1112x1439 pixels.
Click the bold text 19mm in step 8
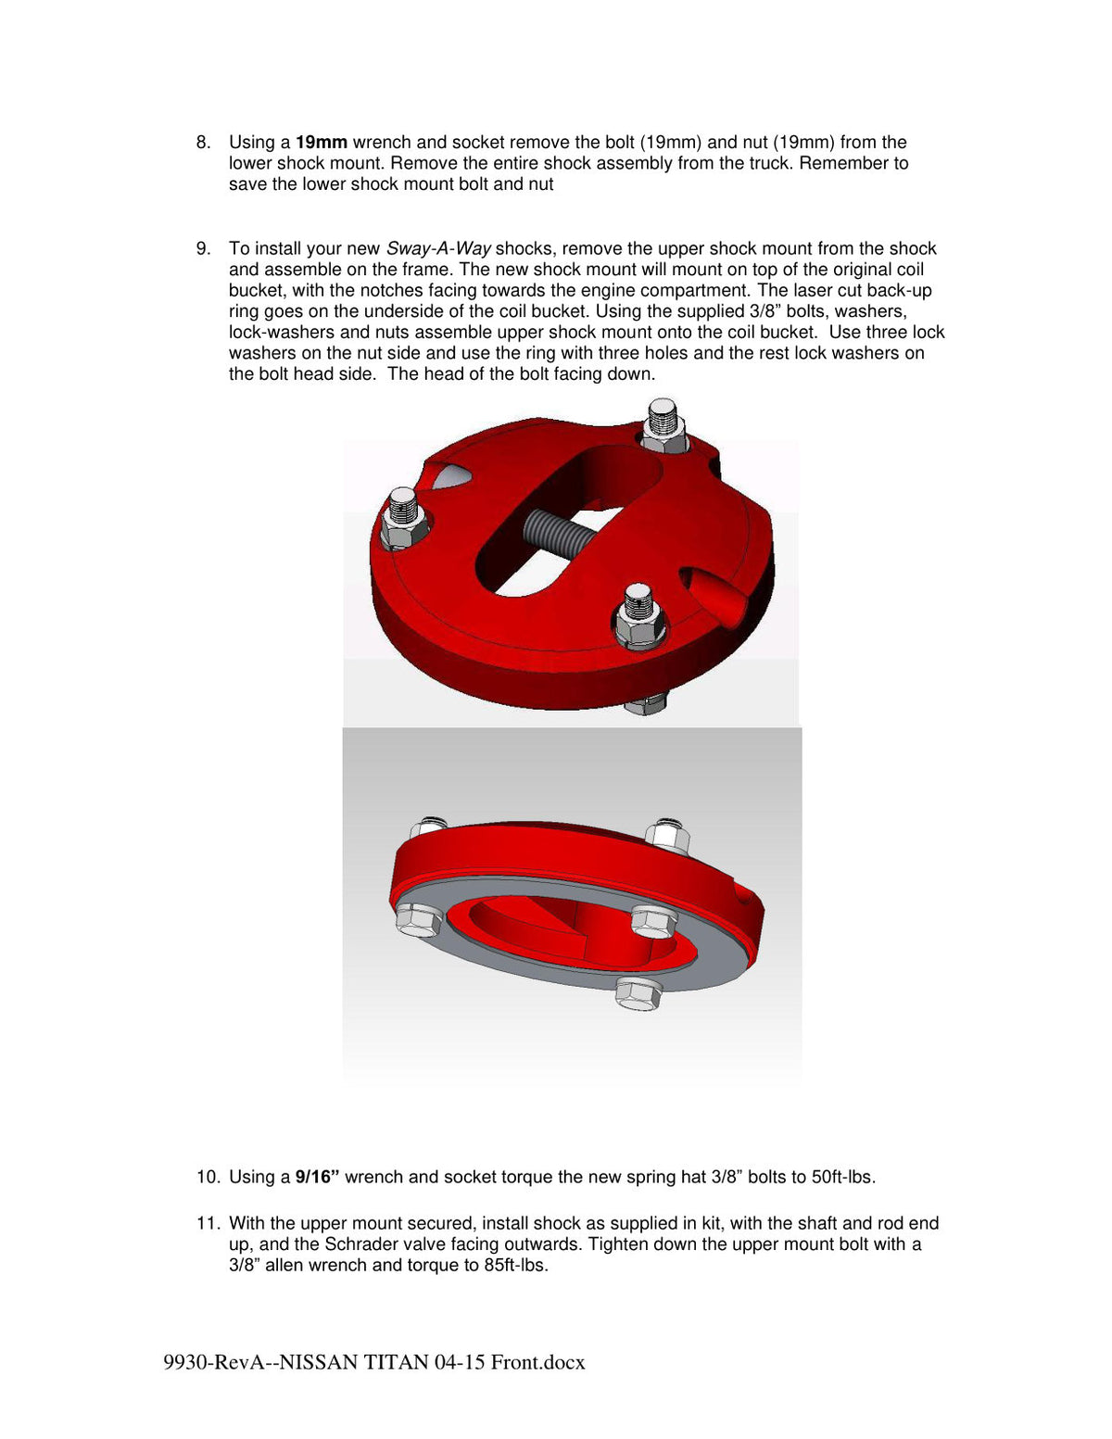[x=322, y=143]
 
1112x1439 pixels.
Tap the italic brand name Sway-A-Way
[x=438, y=249]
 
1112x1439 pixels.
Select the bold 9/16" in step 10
[x=317, y=1178]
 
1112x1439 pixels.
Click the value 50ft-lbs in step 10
[x=842, y=1178]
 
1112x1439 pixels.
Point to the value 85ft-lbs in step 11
[x=515, y=1266]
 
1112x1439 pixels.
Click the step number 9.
[x=203, y=249]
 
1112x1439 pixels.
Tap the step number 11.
[x=207, y=1223]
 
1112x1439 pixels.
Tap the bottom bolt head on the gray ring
[x=639, y=994]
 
